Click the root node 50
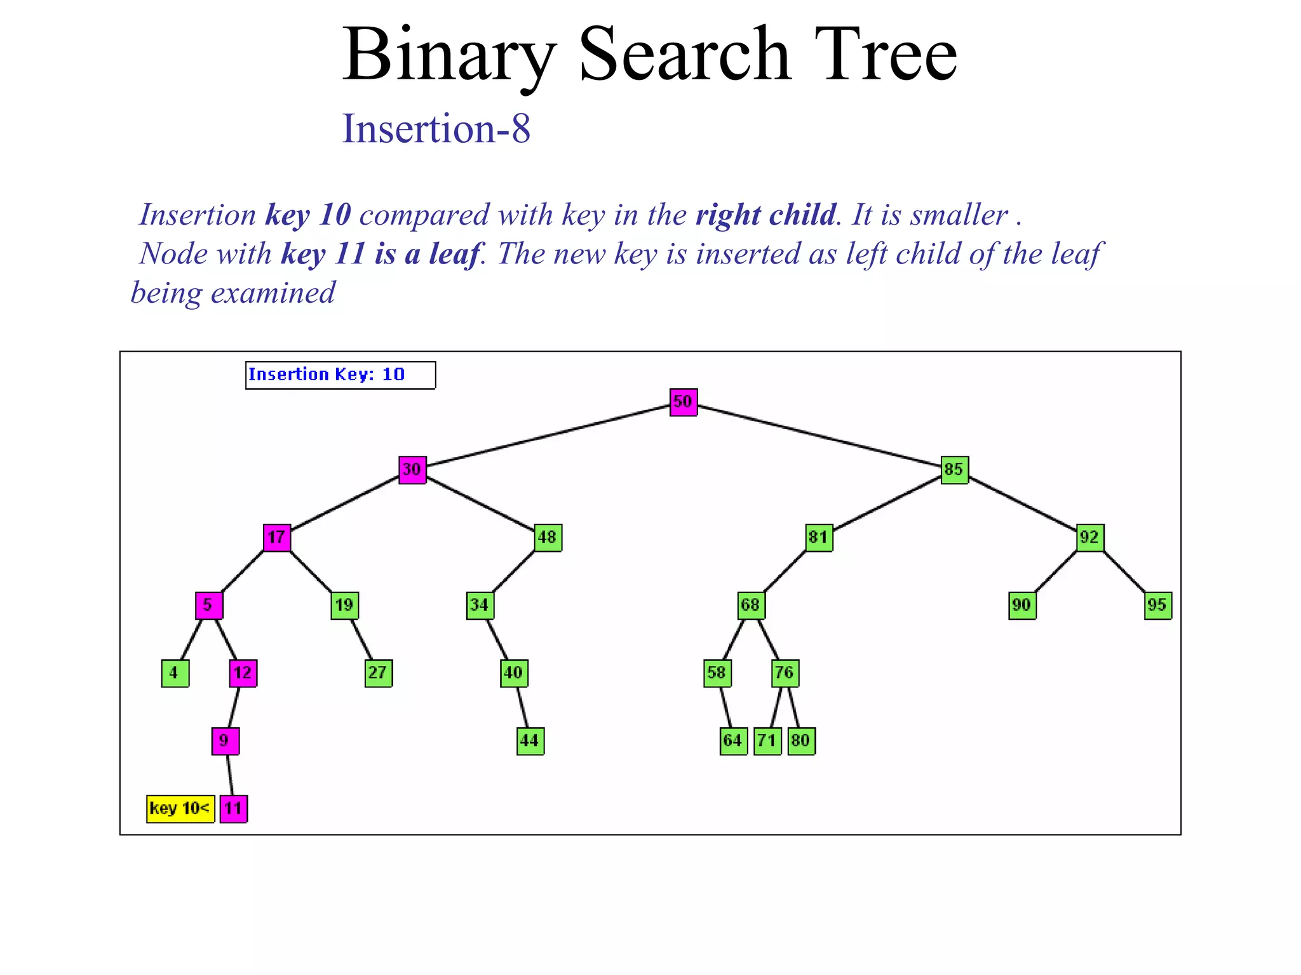pos(684,402)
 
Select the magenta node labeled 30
pos(412,470)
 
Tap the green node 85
pos(954,470)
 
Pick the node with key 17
pos(277,538)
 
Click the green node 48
pos(548,538)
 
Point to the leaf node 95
pos(1157,605)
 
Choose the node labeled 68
pos(751,605)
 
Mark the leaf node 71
pos(767,741)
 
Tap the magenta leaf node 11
pos(234,809)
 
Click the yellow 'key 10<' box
pos(180,809)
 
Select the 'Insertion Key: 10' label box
pos(340,375)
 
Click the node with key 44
pos(530,741)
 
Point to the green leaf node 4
pos(175,673)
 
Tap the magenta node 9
pos(226,741)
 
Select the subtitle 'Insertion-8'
pos(436,128)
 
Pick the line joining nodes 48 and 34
pos(514,571)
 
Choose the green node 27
pos(379,673)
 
